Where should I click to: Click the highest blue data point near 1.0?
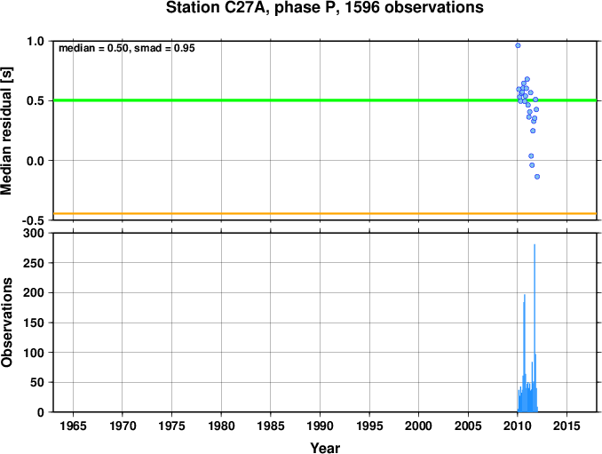518,45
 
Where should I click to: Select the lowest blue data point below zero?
537,177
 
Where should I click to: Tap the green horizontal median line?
325,100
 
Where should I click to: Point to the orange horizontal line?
325,213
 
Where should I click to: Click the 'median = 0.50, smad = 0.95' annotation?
127,48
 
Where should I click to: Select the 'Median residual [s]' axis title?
7,131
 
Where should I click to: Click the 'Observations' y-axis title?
7,323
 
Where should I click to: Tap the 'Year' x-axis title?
325,448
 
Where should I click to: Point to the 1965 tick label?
73,426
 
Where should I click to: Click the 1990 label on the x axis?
321,426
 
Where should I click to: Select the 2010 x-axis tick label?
518,426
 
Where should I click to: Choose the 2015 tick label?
567,426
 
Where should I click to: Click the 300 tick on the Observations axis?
34,233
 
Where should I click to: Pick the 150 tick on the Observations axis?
34,323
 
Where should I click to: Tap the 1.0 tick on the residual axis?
36,41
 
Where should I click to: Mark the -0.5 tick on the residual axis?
33,220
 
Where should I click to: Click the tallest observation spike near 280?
535,328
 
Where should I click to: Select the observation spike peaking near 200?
525,353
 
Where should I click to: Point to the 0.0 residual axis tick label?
36,161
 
